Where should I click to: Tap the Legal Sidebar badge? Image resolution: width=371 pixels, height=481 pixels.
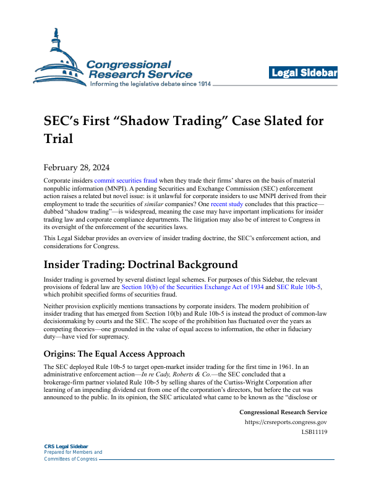[x=303, y=74]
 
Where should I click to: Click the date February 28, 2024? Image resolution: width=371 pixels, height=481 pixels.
[x=77, y=167]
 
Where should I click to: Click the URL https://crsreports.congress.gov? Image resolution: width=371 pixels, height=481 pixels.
[x=286, y=423]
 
